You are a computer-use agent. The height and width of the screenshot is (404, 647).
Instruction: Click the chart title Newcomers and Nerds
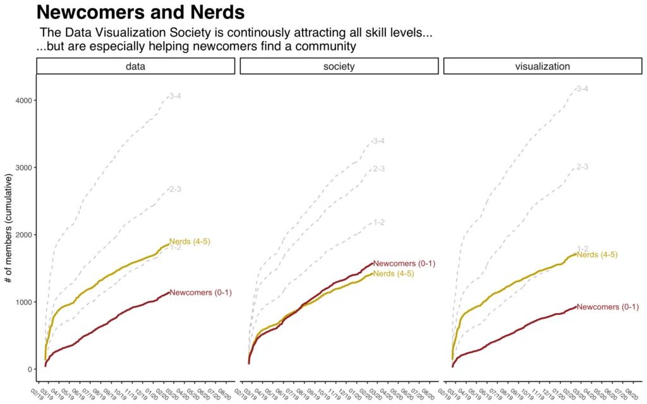pyautogui.click(x=141, y=13)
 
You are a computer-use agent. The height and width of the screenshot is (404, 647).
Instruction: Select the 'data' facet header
pyautogui.click(x=135, y=66)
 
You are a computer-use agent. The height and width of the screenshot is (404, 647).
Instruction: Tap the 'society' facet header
pyautogui.click(x=339, y=66)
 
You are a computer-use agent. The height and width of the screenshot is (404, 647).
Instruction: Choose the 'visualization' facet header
pyautogui.click(x=542, y=66)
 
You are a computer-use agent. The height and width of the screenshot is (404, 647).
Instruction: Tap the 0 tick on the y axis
pyautogui.click(x=29, y=369)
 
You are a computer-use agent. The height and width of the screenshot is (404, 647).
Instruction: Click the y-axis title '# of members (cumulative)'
pyautogui.click(x=10, y=222)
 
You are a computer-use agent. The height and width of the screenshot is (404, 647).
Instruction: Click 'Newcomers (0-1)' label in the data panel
pyautogui.click(x=201, y=292)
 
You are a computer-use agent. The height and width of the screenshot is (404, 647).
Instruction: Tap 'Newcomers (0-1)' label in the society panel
pyautogui.click(x=404, y=263)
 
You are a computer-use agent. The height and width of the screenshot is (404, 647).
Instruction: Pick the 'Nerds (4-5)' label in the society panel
pyautogui.click(x=394, y=273)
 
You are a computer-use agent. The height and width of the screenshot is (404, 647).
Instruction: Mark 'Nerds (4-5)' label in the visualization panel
pyautogui.click(x=597, y=254)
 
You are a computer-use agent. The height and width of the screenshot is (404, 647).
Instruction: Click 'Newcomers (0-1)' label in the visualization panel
pyautogui.click(x=608, y=307)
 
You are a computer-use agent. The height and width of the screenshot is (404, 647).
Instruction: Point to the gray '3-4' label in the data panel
pyautogui.click(x=175, y=96)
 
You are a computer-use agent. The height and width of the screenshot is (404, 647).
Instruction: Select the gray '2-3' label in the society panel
pyautogui.click(x=379, y=169)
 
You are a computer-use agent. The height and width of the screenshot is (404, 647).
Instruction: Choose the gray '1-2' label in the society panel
pyautogui.click(x=379, y=222)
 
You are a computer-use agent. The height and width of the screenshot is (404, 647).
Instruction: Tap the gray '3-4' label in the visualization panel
pyautogui.click(x=583, y=89)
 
